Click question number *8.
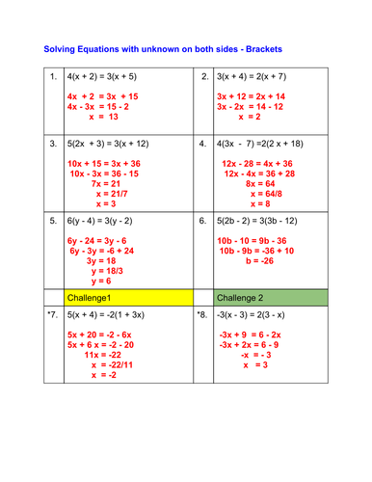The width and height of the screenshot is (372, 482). click(x=201, y=313)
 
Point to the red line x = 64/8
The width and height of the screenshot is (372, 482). click(x=252, y=193)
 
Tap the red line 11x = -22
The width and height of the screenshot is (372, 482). click(x=104, y=355)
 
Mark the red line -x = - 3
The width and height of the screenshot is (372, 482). click(x=252, y=355)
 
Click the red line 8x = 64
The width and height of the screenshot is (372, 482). click(x=252, y=182)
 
